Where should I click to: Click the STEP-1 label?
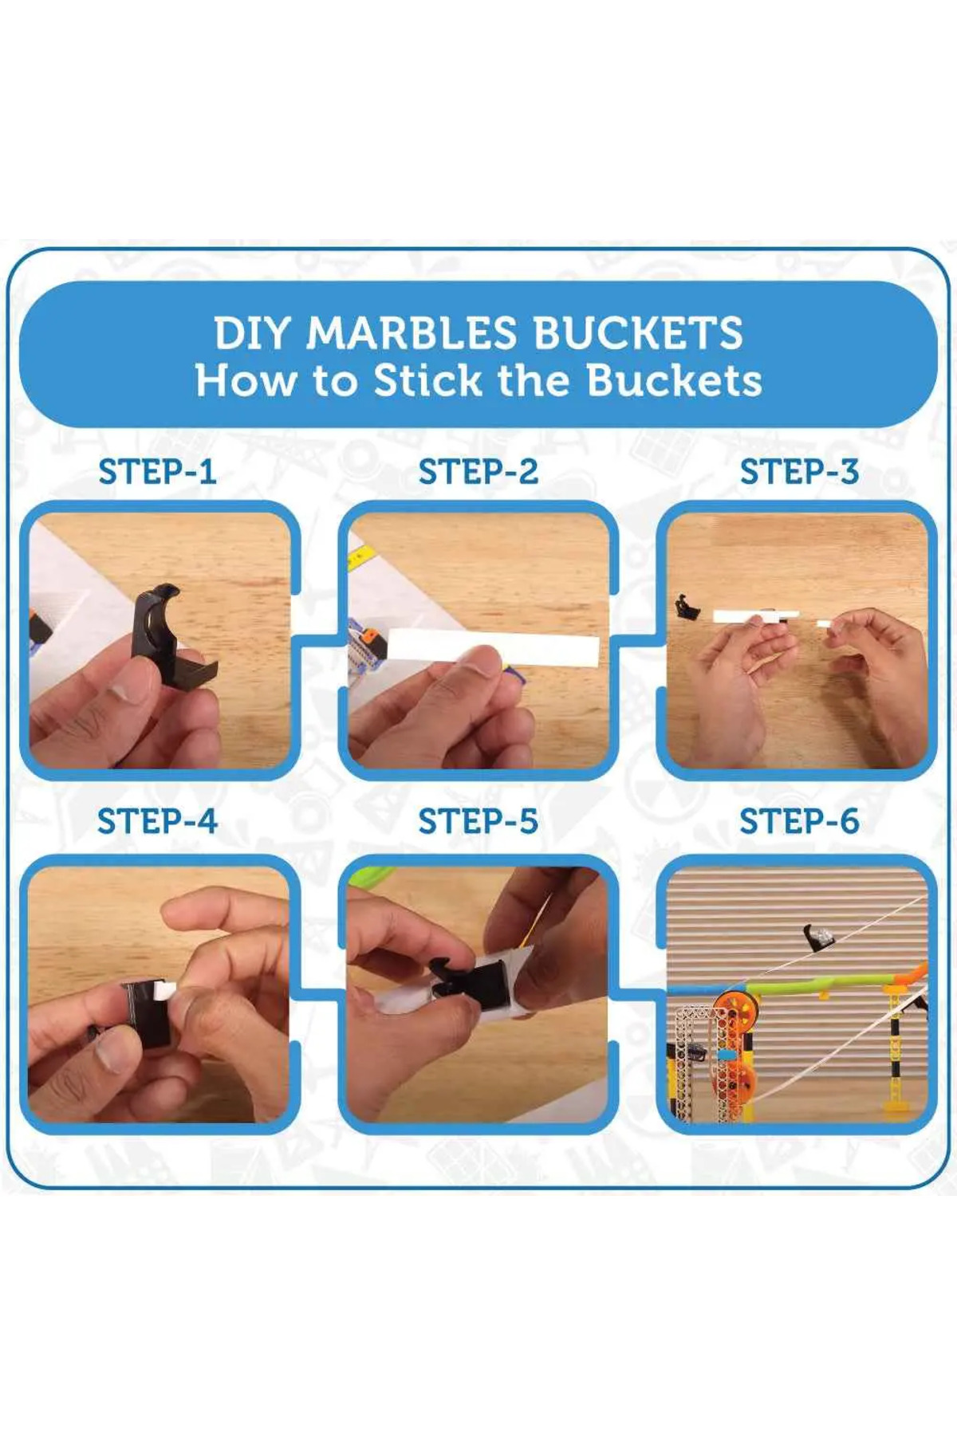tap(157, 472)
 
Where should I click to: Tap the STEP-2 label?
tap(478, 472)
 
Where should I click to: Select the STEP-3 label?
tap(799, 472)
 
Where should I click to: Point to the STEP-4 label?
tap(157, 822)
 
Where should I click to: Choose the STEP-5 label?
tap(478, 822)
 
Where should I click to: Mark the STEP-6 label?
tap(799, 822)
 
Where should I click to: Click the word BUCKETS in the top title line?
tap(638, 333)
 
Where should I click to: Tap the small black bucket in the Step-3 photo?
tap(685, 607)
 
